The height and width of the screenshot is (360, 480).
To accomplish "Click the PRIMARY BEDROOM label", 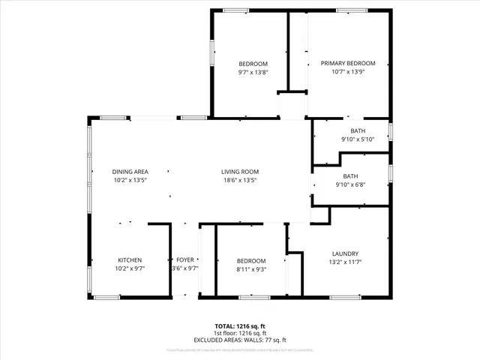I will click(x=348, y=64).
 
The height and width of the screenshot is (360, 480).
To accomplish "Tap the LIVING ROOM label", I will click(x=240, y=172).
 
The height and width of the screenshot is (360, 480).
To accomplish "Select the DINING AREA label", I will click(x=130, y=172).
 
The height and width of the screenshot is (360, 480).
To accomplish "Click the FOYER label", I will click(x=185, y=260).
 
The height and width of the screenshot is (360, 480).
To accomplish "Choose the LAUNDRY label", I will click(x=345, y=253).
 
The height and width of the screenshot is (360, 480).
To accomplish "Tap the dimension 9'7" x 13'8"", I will click(x=253, y=72).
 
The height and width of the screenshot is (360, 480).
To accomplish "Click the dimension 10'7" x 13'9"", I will click(x=348, y=72).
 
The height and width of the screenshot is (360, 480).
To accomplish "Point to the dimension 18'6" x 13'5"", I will click(x=240, y=180).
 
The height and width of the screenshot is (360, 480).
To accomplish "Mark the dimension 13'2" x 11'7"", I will click(x=345, y=262).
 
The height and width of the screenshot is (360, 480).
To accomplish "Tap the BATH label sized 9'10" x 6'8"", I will click(x=351, y=176).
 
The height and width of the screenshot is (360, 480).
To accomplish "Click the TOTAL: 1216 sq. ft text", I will click(x=240, y=326).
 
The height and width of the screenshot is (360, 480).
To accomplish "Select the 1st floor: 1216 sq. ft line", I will click(x=240, y=333).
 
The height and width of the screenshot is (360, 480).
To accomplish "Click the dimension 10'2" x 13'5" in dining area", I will click(x=130, y=180).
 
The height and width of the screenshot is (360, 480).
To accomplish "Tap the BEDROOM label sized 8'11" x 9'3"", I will click(x=251, y=260).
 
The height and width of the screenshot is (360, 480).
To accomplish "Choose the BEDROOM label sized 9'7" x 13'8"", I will click(x=253, y=64).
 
